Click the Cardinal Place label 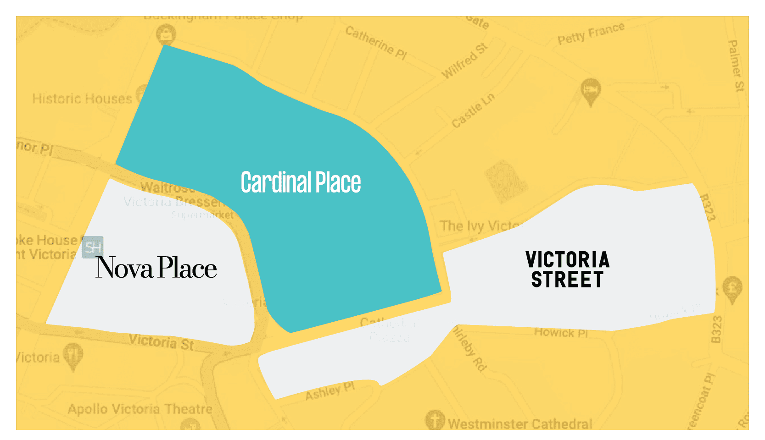(x=301, y=182)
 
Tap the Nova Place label (x=156, y=268)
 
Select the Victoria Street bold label (x=568, y=269)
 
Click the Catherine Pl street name (x=376, y=43)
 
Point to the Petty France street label (x=591, y=33)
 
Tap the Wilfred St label (x=464, y=60)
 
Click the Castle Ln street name (x=473, y=110)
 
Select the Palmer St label (x=736, y=66)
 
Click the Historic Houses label (x=82, y=99)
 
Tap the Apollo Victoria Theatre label (x=140, y=409)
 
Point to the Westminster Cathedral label (x=520, y=423)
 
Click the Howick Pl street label (x=561, y=332)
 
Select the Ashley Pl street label (x=330, y=391)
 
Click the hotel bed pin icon (x=591, y=90)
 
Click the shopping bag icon (x=166, y=33)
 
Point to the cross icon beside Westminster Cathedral (x=435, y=419)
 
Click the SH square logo (x=93, y=247)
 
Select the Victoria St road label (x=161, y=342)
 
